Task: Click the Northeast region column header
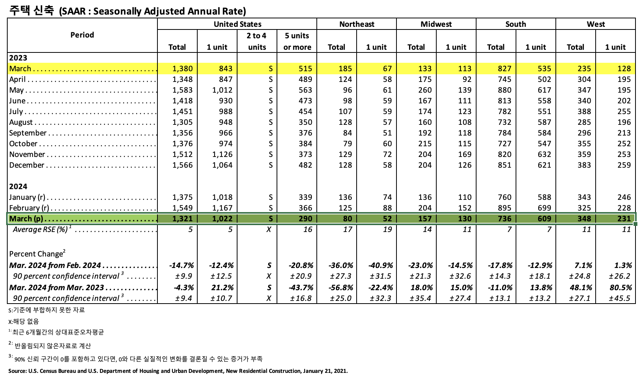pyautogui.click(x=356, y=24)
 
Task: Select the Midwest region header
pyautogui.click(x=436, y=24)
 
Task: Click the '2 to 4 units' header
pyautogui.click(x=257, y=41)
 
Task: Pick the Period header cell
pyautogui.click(x=82, y=35)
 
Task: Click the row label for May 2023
pyautogui.click(x=16, y=90)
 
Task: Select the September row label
pyautogui.click(x=28, y=133)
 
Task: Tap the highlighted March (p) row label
pyautogui.click(x=26, y=219)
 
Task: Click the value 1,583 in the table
pyautogui.click(x=183, y=90)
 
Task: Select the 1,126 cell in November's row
pyautogui.click(x=222, y=154)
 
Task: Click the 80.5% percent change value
pyautogui.click(x=620, y=288)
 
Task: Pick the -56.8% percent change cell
pyautogui.click(x=341, y=288)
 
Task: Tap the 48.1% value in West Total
pyautogui.click(x=581, y=288)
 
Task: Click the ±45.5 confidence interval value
pyautogui.click(x=619, y=298)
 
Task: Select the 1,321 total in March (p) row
pyautogui.click(x=183, y=219)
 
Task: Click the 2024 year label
pyautogui.click(x=18, y=186)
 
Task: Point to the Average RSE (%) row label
pyautogui.click(x=40, y=229)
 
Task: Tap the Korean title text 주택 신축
pyautogui.click(x=32, y=10)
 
